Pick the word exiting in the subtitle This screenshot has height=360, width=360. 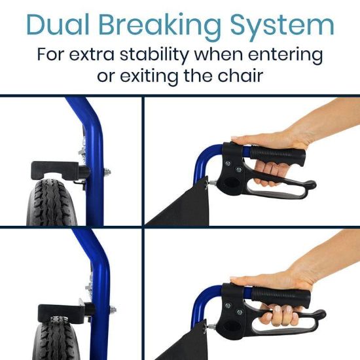151,75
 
